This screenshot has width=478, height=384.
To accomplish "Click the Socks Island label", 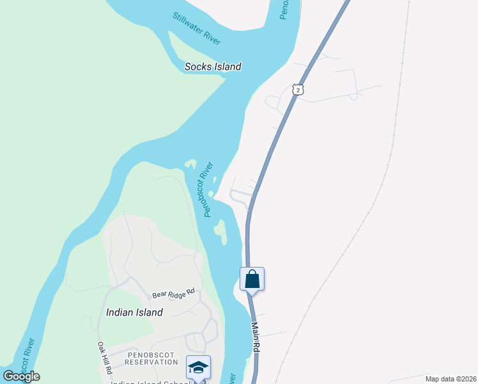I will [213, 67].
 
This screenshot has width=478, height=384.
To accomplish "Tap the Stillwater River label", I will [196, 28].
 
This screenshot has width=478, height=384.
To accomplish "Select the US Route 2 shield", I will [297, 90].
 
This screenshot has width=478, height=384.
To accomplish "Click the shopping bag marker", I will [252, 280].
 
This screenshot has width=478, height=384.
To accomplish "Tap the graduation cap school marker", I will [198, 368].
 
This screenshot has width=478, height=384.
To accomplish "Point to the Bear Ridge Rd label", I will [173, 294].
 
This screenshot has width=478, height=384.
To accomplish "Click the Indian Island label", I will [134, 312].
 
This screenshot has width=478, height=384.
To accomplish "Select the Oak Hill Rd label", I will [104, 358].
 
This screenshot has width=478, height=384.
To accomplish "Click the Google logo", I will [22, 376].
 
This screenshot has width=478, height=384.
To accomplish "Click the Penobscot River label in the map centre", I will [206, 190].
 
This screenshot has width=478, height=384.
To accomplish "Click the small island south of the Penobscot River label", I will [220, 231].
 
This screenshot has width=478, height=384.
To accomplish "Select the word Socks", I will [198, 67].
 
